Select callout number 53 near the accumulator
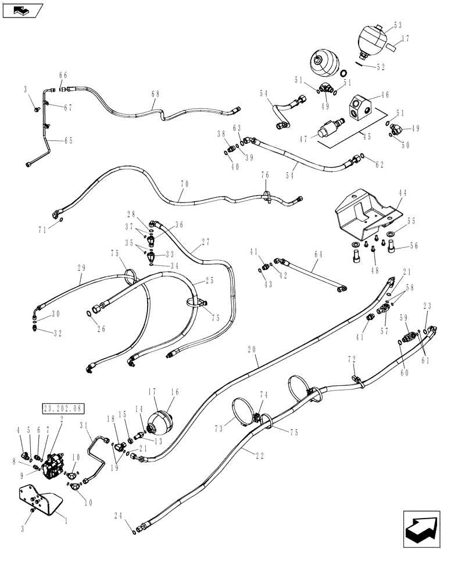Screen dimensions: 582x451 tap(398, 25)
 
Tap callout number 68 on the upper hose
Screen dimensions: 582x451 tap(155, 94)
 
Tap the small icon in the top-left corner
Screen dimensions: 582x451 tap(24, 10)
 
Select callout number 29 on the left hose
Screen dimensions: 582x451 tap(81, 268)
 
